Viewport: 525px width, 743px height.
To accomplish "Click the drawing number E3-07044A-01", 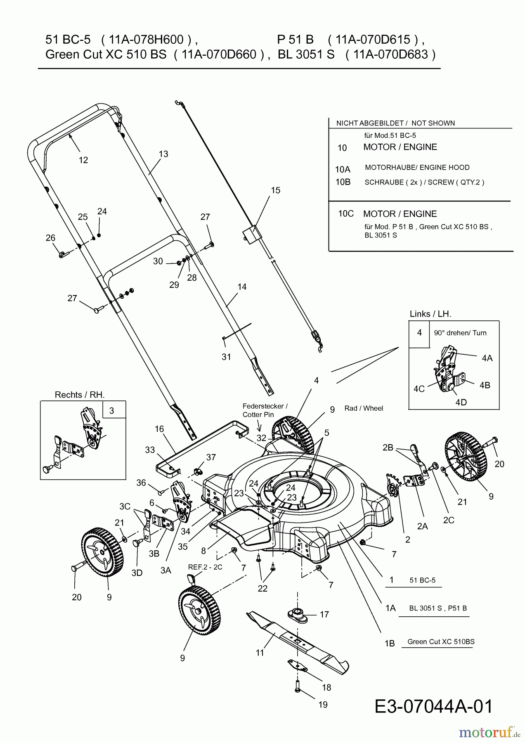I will pos(434,706).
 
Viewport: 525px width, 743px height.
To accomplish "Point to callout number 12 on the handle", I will pos(83,160).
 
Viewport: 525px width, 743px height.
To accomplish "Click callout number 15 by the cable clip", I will pos(275,190).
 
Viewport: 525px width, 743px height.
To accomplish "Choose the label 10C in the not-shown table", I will pos(346,214).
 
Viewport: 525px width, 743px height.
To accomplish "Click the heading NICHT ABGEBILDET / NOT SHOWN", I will pos(395,123).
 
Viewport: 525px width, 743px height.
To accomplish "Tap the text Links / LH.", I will pos(430,314).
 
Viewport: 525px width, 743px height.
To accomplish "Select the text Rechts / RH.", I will pos(80,395).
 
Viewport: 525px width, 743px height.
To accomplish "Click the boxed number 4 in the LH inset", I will pos(419,333).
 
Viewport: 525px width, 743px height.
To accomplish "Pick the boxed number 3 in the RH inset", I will pos(112,410).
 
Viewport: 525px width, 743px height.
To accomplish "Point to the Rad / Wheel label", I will pos(364,408).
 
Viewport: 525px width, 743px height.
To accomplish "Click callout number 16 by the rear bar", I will pos(159,429).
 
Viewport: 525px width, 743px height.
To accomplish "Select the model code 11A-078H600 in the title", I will pos(146,40).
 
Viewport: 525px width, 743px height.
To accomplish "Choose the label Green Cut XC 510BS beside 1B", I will pos(441,641).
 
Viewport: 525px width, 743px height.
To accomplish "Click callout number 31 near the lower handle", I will pos(226,357).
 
